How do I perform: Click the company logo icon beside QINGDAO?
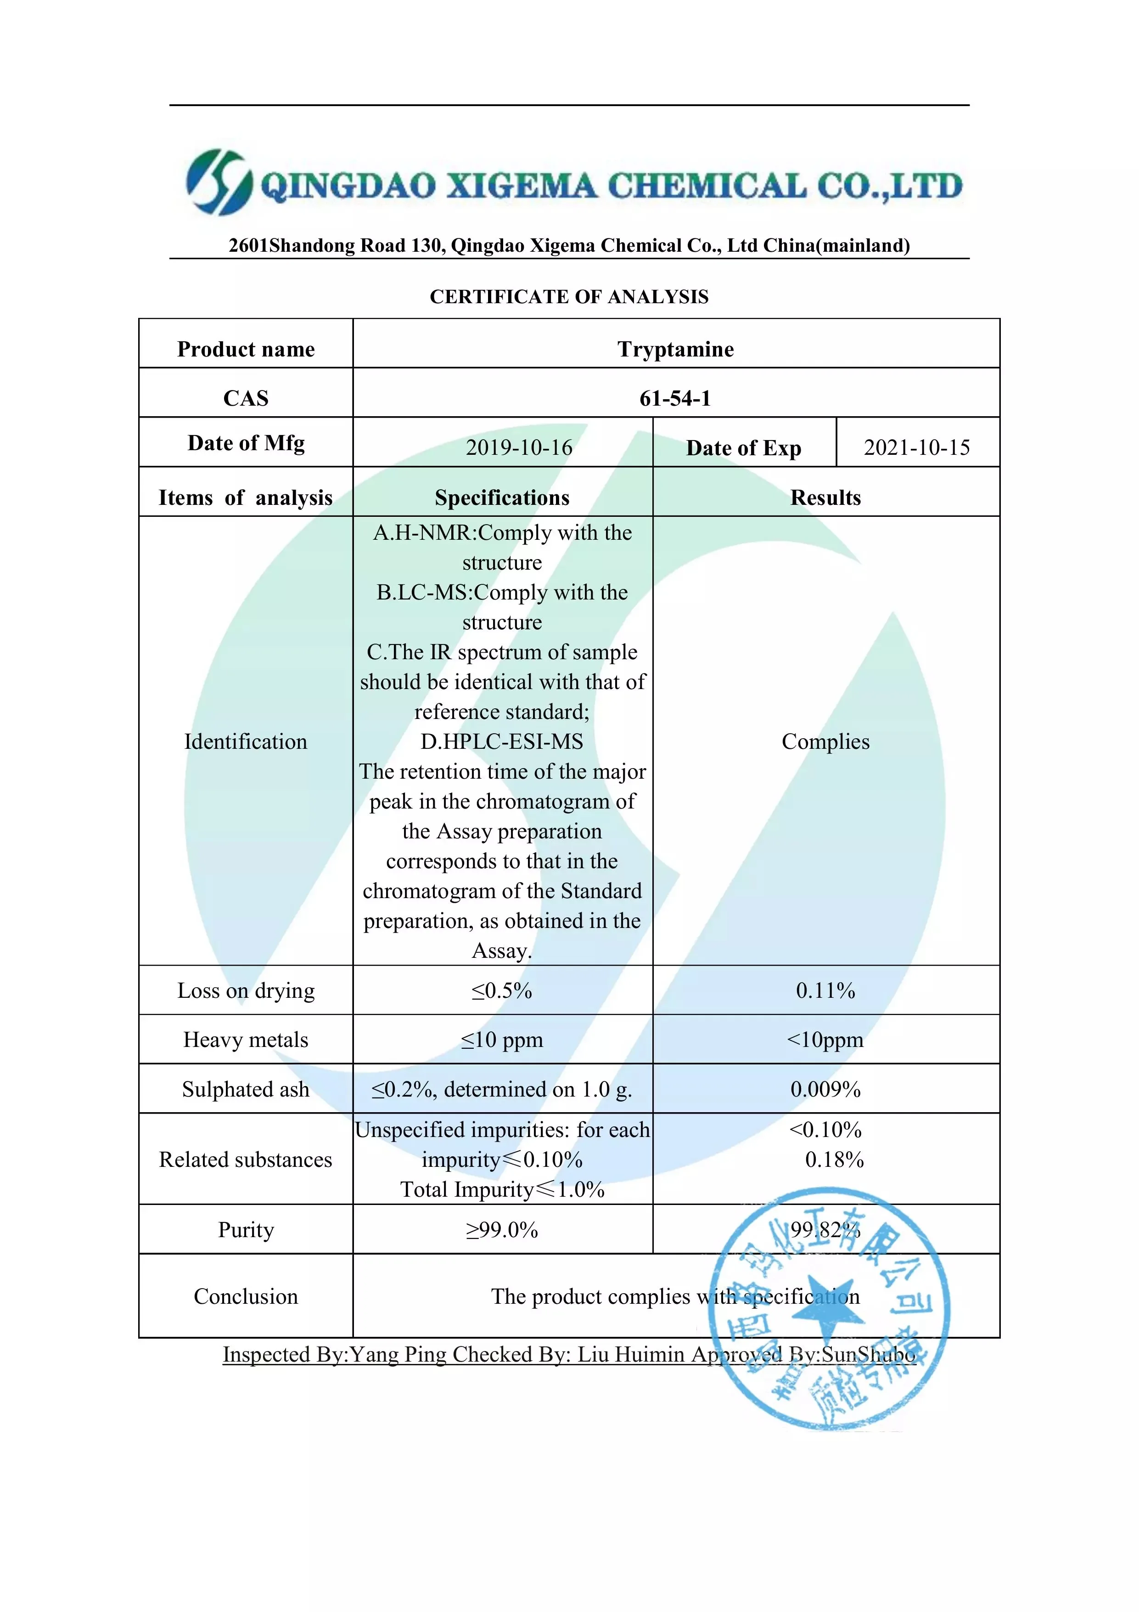pos(218,182)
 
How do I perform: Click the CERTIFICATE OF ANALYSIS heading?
pos(569,297)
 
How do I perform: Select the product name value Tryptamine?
pos(675,349)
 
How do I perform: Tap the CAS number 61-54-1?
pos(675,398)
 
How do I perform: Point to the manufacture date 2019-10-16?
pos(519,447)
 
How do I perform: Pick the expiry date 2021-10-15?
pos(916,447)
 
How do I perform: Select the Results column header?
pos(825,498)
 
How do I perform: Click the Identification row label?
pos(246,741)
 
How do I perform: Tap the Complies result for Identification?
pos(825,741)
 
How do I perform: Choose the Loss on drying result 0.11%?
pos(825,990)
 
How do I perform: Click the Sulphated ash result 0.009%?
pos(825,1089)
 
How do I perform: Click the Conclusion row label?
pos(246,1296)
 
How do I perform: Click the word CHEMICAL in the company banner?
pos(706,186)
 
